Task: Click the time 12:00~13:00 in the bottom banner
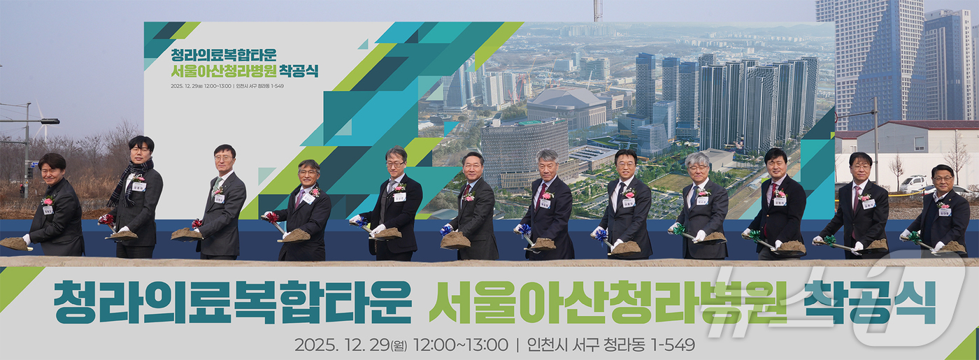pyautogui.click(x=461, y=345)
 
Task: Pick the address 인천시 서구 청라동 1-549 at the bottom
pyautogui.click(x=611, y=345)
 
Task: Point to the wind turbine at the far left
pyautogui.click(x=42, y=122)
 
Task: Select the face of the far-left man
pyautogui.click(x=52, y=168)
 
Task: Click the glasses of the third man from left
pyautogui.click(x=224, y=158)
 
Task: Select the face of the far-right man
pyautogui.click(x=942, y=180)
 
